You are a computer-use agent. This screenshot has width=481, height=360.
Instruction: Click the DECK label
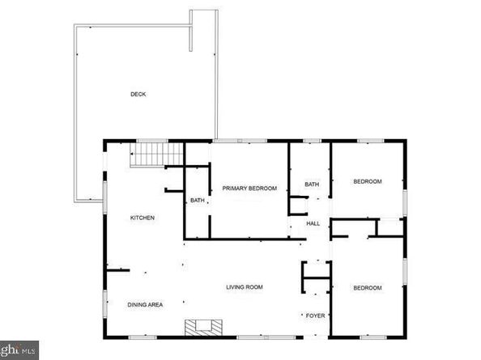pos(139,95)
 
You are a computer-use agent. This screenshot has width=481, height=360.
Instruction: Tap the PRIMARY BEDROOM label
pos(249,188)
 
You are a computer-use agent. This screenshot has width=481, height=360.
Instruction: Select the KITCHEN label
pos(143,218)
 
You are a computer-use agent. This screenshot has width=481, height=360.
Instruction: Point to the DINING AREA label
pos(146,305)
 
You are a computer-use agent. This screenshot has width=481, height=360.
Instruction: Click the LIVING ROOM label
pos(244,287)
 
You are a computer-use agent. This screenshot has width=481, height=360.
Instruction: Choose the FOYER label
pos(314,316)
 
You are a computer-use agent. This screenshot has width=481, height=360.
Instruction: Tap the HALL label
pos(313,224)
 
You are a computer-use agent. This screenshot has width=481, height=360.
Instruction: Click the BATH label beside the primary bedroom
pos(197,201)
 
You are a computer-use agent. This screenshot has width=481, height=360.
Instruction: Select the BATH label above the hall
pos(312,185)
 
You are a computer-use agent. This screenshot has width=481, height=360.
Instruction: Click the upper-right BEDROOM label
pos(367,181)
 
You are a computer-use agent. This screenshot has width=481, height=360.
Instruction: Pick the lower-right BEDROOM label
pos(367,288)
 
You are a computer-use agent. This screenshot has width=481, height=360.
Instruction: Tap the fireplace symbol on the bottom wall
pos(202,328)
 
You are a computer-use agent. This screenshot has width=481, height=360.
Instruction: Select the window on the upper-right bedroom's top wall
pos(368,142)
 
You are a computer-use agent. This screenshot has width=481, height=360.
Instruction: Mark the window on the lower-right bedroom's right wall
pos(405,275)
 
